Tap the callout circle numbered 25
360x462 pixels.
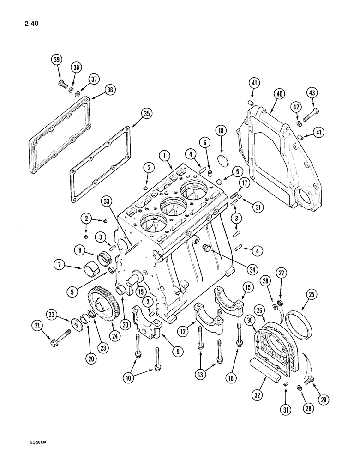click(311, 294)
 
